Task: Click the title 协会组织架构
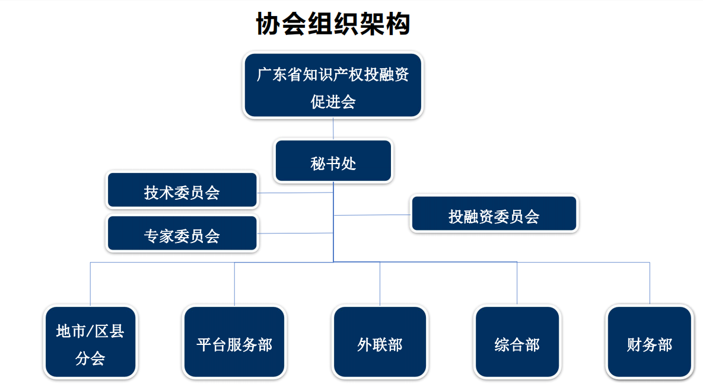click(333, 23)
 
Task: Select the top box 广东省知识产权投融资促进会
click(333, 85)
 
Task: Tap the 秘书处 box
click(333, 161)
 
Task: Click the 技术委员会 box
click(182, 190)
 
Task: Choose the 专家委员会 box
click(182, 234)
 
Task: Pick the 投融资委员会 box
click(494, 214)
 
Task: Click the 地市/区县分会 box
click(91, 342)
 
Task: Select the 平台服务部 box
click(234, 342)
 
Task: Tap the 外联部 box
click(380, 342)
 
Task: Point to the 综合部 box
click(517, 342)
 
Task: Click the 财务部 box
click(650, 342)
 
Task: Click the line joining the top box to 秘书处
click(333, 129)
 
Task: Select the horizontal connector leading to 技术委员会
click(295, 193)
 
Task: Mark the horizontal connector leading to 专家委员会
click(295, 234)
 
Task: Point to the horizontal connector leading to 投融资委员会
click(372, 216)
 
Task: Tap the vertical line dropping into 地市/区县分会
click(91, 284)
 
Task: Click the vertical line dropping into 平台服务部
click(234, 284)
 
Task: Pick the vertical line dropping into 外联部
click(380, 284)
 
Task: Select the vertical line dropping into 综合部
click(517, 284)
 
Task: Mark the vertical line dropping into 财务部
click(650, 284)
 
